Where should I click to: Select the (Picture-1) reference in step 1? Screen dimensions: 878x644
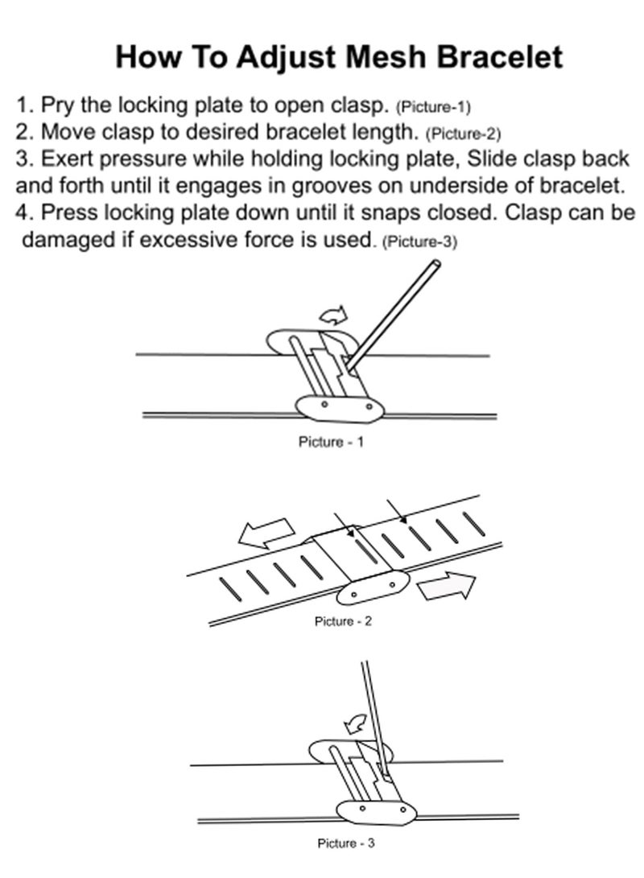click(433, 107)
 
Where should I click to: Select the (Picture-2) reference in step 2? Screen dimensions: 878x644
click(463, 134)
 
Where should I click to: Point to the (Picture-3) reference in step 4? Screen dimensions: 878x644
click(419, 241)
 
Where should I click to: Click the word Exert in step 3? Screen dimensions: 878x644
click(64, 159)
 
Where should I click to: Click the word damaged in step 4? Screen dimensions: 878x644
click(66, 240)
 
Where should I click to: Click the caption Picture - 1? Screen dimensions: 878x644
click(331, 442)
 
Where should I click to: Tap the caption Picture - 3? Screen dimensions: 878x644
click(346, 843)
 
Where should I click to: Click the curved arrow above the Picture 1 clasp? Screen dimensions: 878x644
click(333, 313)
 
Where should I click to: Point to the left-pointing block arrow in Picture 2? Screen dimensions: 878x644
click(266, 531)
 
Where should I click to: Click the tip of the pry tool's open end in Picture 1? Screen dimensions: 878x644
click(435, 263)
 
